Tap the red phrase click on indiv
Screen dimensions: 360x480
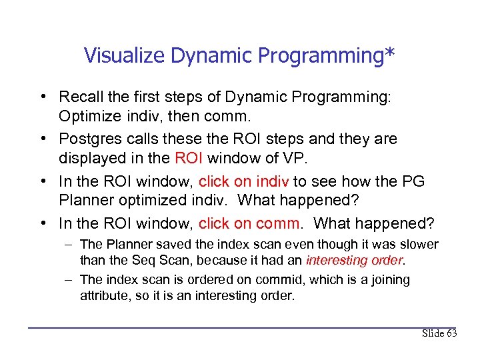(242, 181)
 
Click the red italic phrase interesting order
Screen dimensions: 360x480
(355, 259)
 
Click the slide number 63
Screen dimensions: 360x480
(450, 333)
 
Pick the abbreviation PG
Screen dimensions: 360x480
(413, 181)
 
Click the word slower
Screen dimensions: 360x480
(421, 245)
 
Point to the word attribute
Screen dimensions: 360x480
(103, 295)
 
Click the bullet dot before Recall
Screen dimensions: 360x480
(42, 97)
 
